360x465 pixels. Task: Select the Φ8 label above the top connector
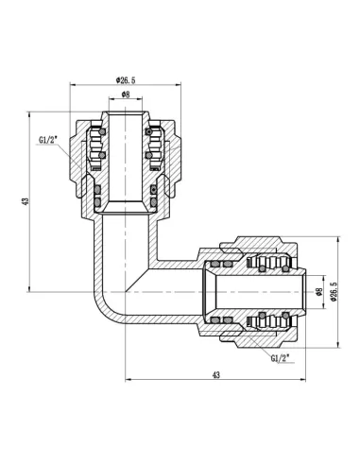click(x=127, y=95)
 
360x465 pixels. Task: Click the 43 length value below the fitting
click(x=215, y=376)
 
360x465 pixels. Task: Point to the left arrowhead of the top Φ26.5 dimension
click(x=72, y=87)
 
